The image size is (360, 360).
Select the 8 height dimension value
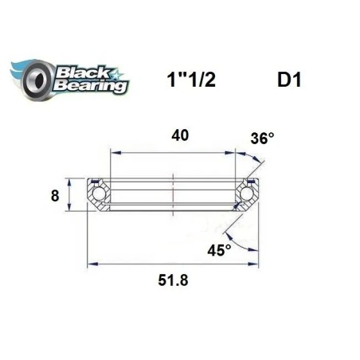[x=55, y=194]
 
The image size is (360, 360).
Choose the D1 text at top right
[x=288, y=82]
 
